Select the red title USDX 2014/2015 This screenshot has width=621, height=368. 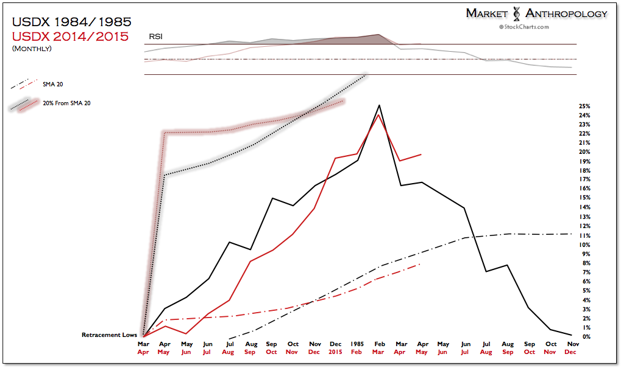(70, 36)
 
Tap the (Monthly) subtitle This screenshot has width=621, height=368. (32, 49)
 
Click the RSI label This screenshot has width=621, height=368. (156, 37)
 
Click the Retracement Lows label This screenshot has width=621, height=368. (110, 335)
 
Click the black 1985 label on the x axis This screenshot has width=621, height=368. (357, 344)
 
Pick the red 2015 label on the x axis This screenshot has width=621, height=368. (336, 352)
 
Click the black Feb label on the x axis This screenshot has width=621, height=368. (378, 344)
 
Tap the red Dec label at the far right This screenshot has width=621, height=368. (571, 352)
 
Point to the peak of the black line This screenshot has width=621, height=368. (379, 105)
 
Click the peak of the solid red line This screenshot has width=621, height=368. (379, 115)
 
